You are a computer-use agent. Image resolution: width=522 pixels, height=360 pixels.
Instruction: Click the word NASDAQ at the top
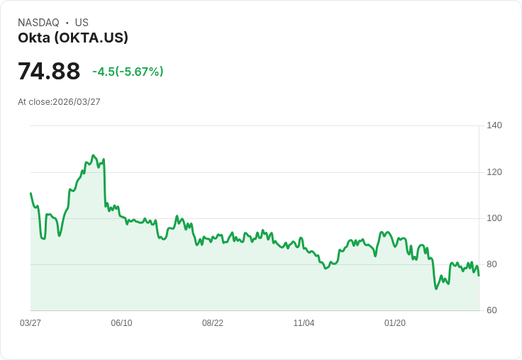[x=38, y=23]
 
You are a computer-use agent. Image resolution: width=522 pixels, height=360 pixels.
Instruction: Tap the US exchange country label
[x=82, y=23]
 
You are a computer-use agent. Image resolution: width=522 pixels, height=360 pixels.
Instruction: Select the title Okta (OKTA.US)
[x=73, y=38]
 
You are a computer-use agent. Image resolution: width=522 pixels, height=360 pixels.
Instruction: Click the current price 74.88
[x=49, y=72]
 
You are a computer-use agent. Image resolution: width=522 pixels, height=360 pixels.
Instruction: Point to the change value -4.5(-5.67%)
[x=128, y=72]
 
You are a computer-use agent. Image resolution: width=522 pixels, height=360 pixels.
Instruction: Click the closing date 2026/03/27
[x=77, y=102]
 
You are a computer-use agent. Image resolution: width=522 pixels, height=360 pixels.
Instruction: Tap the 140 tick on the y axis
[x=494, y=125]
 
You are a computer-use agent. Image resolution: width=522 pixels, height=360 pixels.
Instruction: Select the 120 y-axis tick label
[x=494, y=172]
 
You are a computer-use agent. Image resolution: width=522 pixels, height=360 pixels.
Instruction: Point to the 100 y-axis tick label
[x=494, y=218]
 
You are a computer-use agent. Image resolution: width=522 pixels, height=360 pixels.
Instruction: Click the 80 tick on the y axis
[x=492, y=264]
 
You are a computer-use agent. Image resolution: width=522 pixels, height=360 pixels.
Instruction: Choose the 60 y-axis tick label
[x=492, y=310]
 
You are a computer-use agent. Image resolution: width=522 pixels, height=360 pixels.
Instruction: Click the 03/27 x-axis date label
[x=30, y=323]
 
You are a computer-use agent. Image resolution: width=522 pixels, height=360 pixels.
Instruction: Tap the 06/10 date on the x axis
[x=121, y=323]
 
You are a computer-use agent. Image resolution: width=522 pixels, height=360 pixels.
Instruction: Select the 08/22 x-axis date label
[x=213, y=323]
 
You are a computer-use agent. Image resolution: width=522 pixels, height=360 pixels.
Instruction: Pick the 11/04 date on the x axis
[x=304, y=323]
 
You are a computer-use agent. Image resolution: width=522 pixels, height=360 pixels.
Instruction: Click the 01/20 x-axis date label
[x=395, y=323]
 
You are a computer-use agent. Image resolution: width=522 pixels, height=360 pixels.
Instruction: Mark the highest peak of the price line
[x=93, y=155]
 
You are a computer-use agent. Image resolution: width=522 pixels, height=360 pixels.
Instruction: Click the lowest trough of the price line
[x=436, y=288]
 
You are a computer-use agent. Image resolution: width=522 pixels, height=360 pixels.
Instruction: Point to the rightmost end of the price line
[x=479, y=276]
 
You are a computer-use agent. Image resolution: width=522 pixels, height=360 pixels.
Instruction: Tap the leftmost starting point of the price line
[x=30, y=193]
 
